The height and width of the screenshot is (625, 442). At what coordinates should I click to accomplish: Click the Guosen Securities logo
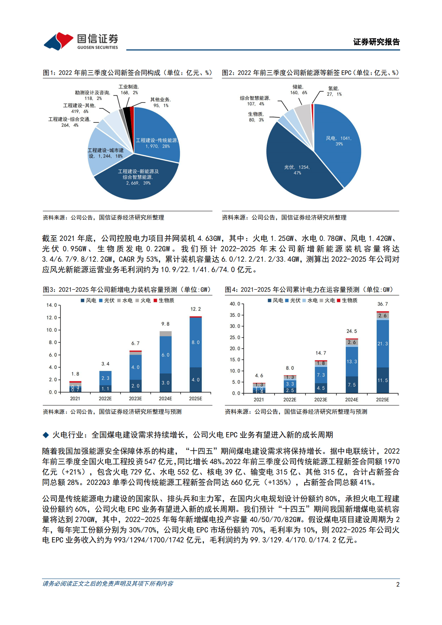81,41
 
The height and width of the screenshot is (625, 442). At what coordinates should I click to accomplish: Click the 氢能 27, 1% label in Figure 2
334,91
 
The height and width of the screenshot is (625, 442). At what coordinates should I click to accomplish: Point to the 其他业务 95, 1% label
160,102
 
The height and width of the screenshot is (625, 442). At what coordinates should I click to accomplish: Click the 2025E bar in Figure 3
195,354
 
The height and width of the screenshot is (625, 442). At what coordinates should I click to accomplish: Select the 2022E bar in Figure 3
105,381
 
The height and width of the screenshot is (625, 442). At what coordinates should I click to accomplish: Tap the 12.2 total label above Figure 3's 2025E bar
195,309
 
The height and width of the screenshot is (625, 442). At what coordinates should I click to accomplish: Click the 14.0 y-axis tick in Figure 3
52,305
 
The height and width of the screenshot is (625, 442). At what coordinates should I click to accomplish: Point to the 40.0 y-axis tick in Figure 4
235,304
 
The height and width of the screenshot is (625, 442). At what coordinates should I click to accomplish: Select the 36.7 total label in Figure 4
382,304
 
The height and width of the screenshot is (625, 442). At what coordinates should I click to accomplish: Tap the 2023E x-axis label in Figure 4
321,400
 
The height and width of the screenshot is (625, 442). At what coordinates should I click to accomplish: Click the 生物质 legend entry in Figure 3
164,300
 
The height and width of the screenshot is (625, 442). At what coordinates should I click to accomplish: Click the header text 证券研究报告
376,42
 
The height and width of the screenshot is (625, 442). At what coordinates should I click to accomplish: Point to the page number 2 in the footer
398,584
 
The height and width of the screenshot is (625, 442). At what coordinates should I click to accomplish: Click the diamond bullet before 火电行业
46,435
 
